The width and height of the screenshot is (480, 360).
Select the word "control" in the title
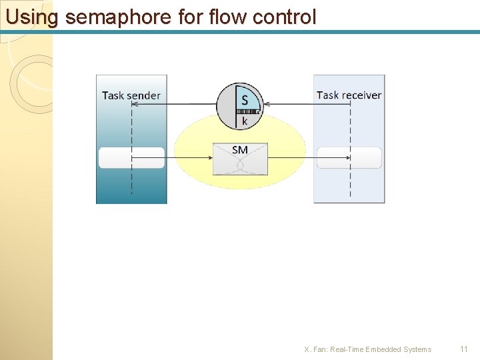[x=283, y=17]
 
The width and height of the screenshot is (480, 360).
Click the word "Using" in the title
[x=32, y=17]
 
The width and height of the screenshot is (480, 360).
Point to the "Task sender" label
[x=131, y=95]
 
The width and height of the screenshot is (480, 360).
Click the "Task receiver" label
[x=349, y=95]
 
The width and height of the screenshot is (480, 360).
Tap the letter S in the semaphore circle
[x=245, y=100]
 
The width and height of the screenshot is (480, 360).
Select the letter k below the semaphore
[x=245, y=121]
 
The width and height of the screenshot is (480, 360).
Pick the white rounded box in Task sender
[x=131, y=158]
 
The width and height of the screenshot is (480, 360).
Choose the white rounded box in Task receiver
[x=349, y=158]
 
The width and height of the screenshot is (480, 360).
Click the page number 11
[x=464, y=349]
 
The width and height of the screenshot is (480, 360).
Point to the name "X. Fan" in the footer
[x=315, y=349]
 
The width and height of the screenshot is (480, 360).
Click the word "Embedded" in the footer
[x=383, y=349]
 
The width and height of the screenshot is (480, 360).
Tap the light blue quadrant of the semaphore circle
[x=250, y=97]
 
